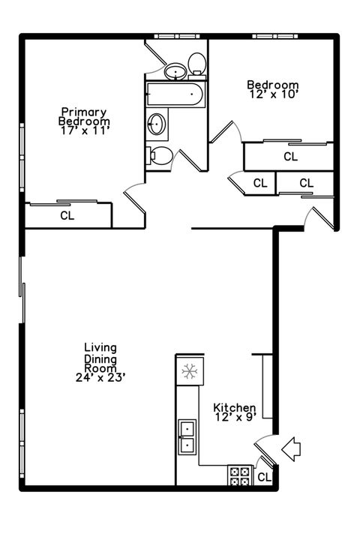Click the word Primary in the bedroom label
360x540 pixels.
[x=84, y=111]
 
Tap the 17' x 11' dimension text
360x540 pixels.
[x=85, y=130]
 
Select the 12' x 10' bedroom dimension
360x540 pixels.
[x=273, y=95]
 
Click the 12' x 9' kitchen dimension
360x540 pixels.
[x=234, y=417]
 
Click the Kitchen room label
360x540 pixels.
[x=234, y=406]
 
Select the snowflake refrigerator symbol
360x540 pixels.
[x=189, y=370]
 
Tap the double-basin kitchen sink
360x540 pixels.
[x=187, y=436]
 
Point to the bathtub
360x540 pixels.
[x=174, y=94]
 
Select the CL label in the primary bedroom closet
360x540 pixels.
[x=67, y=215]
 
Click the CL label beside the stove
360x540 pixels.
[x=264, y=477]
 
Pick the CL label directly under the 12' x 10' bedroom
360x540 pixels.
[x=290, y=157]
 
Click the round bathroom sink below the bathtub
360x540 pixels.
[x=157, y=124]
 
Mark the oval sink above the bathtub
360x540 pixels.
[x=175, y=71]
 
